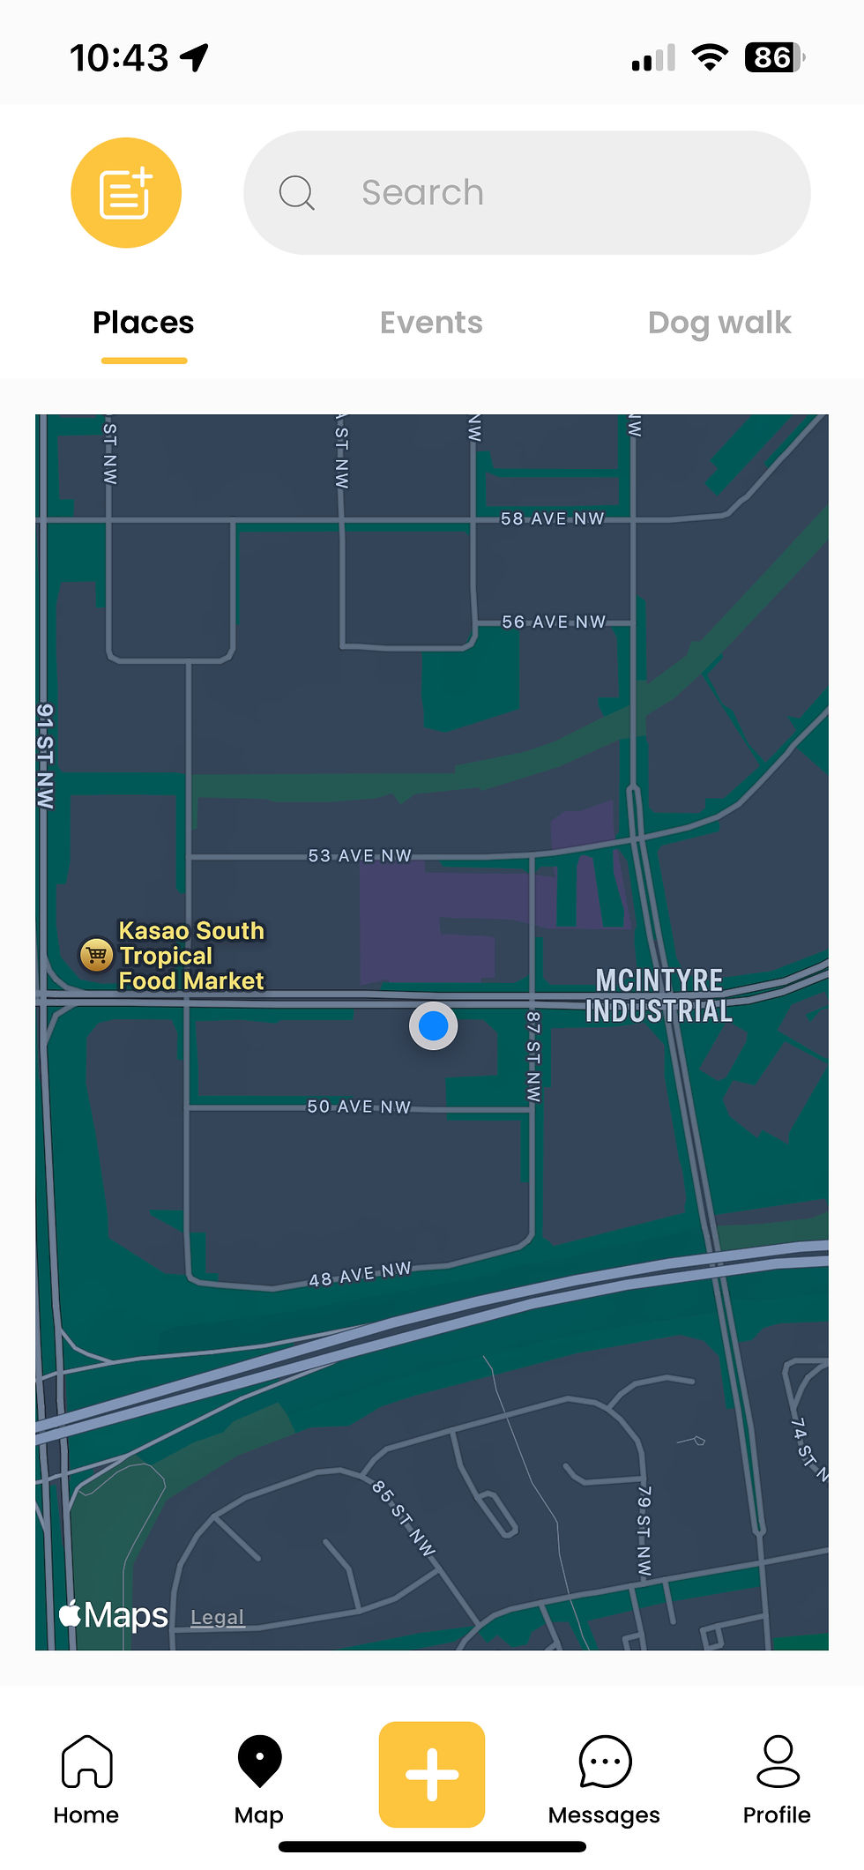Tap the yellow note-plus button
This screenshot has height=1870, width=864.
tap(126, 193)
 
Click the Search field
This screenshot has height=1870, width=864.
tap(526, 193)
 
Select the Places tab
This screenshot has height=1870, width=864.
tap(143, 324)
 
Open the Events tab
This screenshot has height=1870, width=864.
tap(431, 324)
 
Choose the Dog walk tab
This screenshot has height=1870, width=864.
tap(719, 324)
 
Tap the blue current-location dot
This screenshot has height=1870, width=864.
tap(433, 1026)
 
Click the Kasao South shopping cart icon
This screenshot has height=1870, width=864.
tap(96, 954)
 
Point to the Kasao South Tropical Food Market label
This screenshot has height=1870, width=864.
tap(191, 956)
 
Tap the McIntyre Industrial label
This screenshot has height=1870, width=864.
tap(659, 995)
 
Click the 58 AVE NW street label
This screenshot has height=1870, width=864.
tap(553, 519)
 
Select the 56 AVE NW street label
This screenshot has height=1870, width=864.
tap(554, 622)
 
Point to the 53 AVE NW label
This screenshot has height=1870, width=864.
tap(360, 856)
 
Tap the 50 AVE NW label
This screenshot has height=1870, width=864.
tap(359, 1106)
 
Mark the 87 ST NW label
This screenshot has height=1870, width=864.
tap(533, 1056)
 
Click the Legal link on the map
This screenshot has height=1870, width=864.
tap(217, 1617)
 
